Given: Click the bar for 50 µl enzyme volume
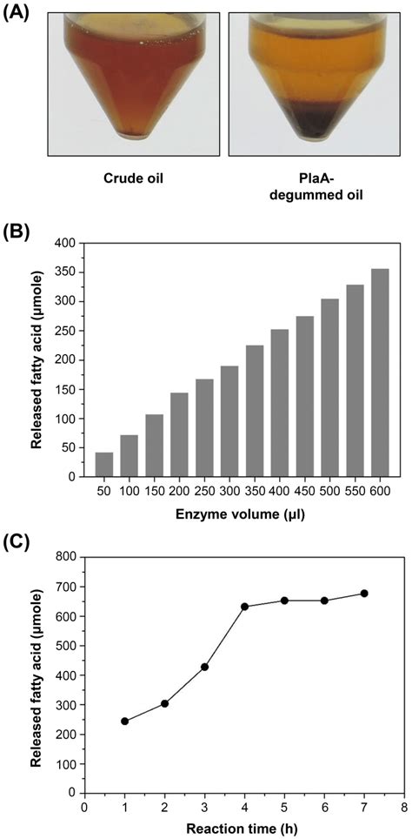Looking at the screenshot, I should pos(103,464).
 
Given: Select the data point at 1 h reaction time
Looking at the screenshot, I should pos(125,721).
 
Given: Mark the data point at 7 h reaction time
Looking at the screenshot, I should pos(364,594).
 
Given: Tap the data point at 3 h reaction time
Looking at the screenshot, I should pos(205,667).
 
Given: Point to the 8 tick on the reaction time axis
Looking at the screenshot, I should pos(403,806).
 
